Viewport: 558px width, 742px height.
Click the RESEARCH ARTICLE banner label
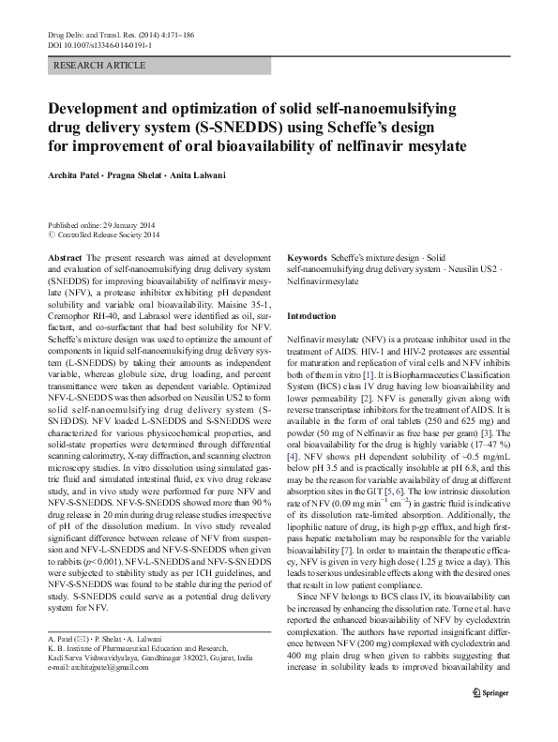(x=100, y=66)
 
